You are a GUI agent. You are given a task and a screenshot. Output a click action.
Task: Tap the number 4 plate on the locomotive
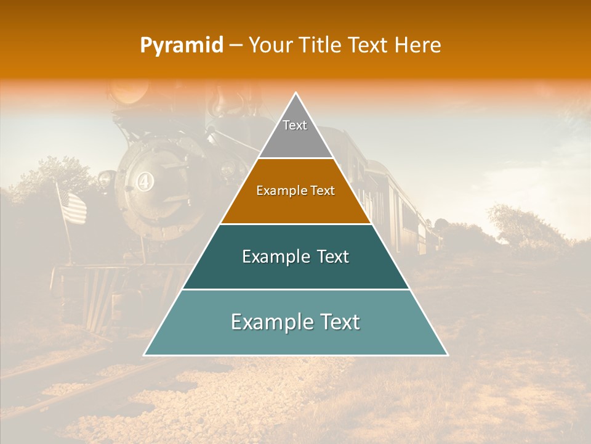pyautogui.click(x=144, y=183)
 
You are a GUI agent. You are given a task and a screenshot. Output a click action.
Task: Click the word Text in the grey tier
pyautogui.click(x=295, y=125)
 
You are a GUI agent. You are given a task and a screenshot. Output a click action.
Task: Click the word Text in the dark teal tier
pyautogui.click(x=332, y=257)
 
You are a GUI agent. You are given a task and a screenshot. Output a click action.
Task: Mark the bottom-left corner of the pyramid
pyautogui.click(x=144, y=355)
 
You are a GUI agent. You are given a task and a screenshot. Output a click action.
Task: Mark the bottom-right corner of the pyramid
pyautogui.click(x=448, y=355)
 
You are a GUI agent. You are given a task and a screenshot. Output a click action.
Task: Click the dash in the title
pyautogui.click(x=235, y=46)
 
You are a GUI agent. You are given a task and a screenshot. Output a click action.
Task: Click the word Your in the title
pyautogui.click(x=270, y=46)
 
